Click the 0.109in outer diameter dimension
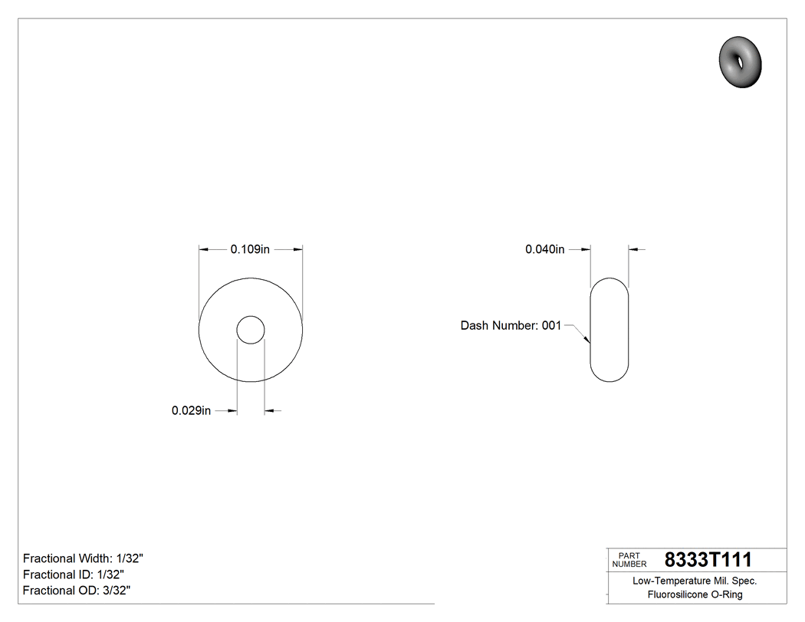(251, 249)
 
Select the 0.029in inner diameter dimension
(191, 411)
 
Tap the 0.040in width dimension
(544, 249)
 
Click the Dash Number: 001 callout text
(511, 325)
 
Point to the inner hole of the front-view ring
(251, 331)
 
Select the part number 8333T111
(708, 559)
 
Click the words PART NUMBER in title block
(629, 560)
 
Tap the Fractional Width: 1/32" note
(84, 558)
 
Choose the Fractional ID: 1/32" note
(74, 574)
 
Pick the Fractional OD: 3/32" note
(77, 591)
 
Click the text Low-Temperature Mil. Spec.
(695, 581)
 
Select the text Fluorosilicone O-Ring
(695, 595)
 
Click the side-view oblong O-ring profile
(609, 330)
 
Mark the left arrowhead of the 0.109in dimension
(203, 249)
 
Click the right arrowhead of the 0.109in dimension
(298, 249)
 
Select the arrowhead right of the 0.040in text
(586, 249)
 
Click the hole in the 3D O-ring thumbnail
(739, 58)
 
